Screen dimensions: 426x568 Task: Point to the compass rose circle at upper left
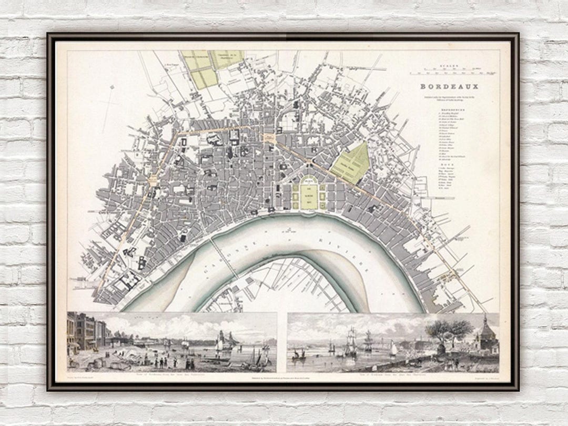[111, 87]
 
